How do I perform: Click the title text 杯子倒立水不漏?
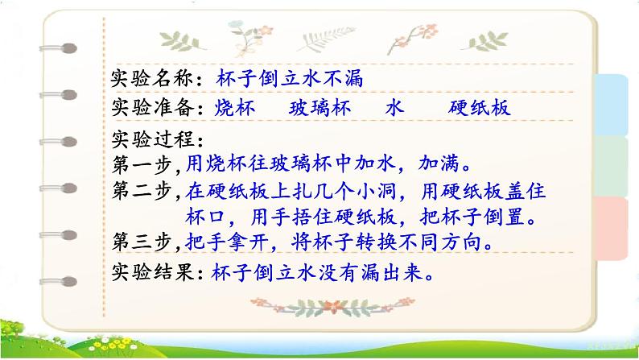[291, 78]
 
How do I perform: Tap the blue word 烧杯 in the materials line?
[234, 108]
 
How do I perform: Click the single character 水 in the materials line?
[393, 108]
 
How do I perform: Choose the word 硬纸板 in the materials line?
[480, 108]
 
